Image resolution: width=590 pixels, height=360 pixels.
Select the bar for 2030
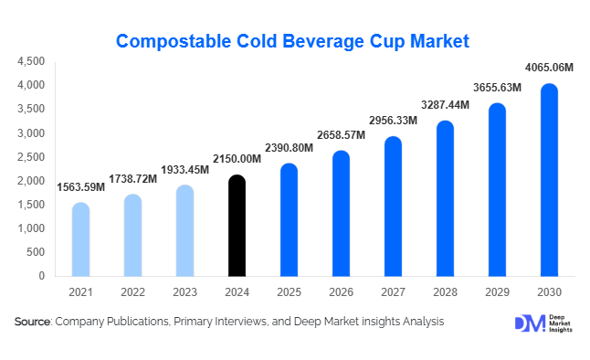[549, 180]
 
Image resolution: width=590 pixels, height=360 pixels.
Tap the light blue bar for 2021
[80, 238]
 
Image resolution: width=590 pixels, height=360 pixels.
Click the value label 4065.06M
[549, 67]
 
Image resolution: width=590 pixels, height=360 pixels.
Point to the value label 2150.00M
[237, 158]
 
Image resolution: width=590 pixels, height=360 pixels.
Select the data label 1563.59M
[80, 186]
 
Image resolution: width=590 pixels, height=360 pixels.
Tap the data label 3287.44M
[445, 104]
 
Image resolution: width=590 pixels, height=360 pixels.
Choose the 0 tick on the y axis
[41, 276]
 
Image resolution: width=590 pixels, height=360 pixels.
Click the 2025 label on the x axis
[289, 291]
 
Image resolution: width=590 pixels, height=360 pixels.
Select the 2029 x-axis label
[497, 291]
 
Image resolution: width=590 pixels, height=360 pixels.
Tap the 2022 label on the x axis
[132, 291]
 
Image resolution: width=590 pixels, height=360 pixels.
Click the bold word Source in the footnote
[32, 322]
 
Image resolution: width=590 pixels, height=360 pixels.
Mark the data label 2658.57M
[341, 134]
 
